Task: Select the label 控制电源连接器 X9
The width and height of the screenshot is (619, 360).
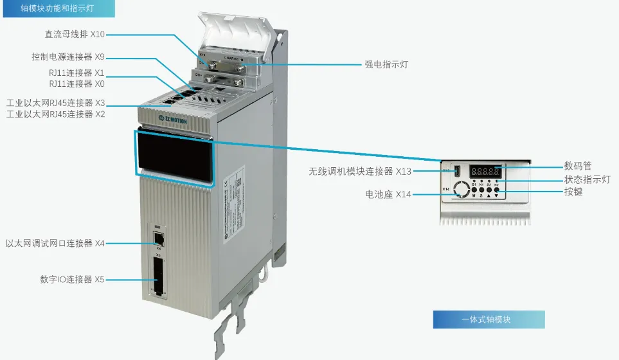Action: tap(68, 57)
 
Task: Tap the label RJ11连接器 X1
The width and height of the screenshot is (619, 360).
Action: tap(76, 73)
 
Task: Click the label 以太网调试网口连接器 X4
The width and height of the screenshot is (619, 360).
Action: tap(55, 244)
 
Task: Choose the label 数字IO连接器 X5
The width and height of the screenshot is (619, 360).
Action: tap(72, 280)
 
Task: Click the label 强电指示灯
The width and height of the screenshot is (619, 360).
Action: tap(386, 64)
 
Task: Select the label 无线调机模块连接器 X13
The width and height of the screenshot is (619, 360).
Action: tap(360, 171)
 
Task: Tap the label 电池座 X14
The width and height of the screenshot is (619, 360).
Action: tap(388, 194)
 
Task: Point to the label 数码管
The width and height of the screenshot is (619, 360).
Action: tap(577, 166)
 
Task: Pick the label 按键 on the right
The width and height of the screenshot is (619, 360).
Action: tap(573, 192)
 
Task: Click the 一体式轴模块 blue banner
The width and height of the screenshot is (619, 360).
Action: tap(489, 319)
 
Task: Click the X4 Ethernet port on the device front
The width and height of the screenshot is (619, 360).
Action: tap(158, 237)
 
